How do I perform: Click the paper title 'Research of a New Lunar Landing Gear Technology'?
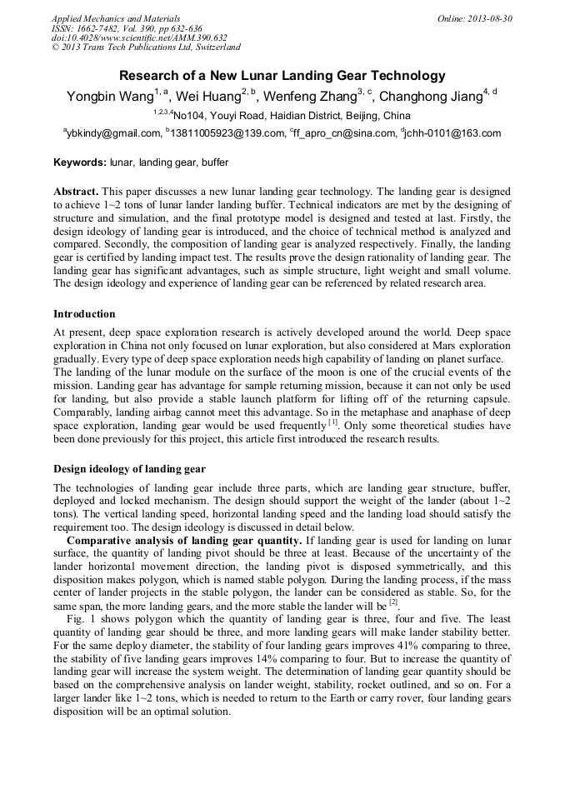pos(282,75)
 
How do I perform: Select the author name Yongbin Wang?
pos(109,97)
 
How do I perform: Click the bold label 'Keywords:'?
pos(79,162)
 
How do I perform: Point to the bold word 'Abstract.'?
pos(77,191)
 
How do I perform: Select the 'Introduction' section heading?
pos(84,314)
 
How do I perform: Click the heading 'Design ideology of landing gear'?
pos(129,468)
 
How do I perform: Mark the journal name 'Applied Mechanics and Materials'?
pos(116,18)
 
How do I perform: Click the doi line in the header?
pos(139,38)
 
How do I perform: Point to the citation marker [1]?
pos(332,422)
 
